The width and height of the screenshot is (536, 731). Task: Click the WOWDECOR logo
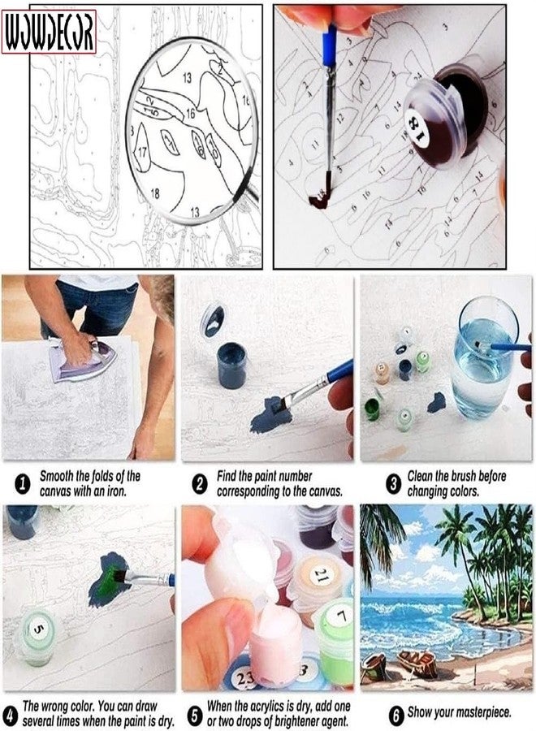click(x=49, y=31)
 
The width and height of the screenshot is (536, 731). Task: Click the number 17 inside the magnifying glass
click(x=142, y=152)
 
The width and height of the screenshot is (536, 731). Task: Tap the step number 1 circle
click(x=23, y=484)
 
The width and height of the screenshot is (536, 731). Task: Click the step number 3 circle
click(x=393, y=484)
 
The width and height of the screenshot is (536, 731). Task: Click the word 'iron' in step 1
click(x=115, y=491)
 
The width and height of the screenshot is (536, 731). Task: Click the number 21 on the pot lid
click(x=322, y=577)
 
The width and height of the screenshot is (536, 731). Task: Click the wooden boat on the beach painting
click(x=417, y=663)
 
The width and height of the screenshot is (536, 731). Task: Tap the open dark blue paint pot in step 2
click(x=231, y=365)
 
